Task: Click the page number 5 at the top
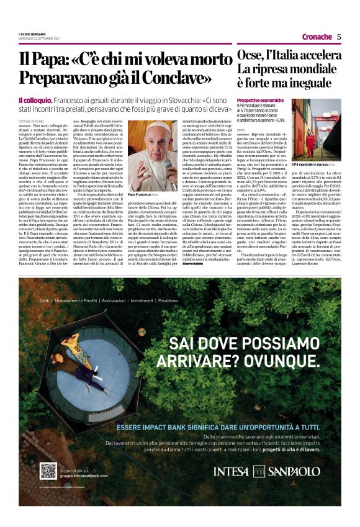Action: [x=339, y=37]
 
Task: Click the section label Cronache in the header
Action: [x=317, y=37]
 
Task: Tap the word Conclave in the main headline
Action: [x=179, y=78]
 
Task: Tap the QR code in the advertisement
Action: [x=47, y=471]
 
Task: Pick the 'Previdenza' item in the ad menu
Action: [x=168, y=300]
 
